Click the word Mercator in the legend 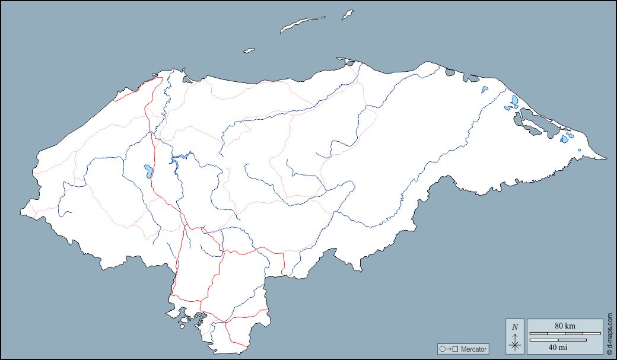(x=473, y=349)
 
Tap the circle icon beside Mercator (x=442, y=349)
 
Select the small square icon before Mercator (x=456, y=349)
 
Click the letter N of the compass (x=515, y=327)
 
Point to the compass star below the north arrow (x=515, y=345)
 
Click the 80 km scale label (x=565, y=326)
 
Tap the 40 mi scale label (x=557, y=347)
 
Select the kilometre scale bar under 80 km (x=565, y=333)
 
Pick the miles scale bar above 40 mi (x=557, y=340)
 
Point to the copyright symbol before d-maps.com (x=609, y=352)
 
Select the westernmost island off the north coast (x=249, y=51)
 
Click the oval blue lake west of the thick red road (x=147, y=171)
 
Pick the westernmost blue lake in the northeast (x=485, y=90)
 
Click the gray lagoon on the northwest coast (x=187, y=79)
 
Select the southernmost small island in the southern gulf (x=182, y=325)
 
